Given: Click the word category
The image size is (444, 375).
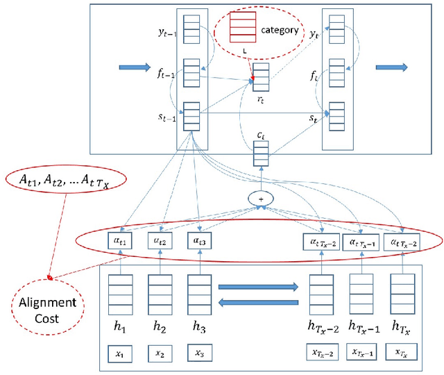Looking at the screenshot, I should (280, 30).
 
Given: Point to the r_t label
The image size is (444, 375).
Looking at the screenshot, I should (260, 99).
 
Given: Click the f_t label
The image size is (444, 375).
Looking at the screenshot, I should (315, 73).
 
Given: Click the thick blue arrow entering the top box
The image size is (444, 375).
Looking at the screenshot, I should (133, 67).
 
